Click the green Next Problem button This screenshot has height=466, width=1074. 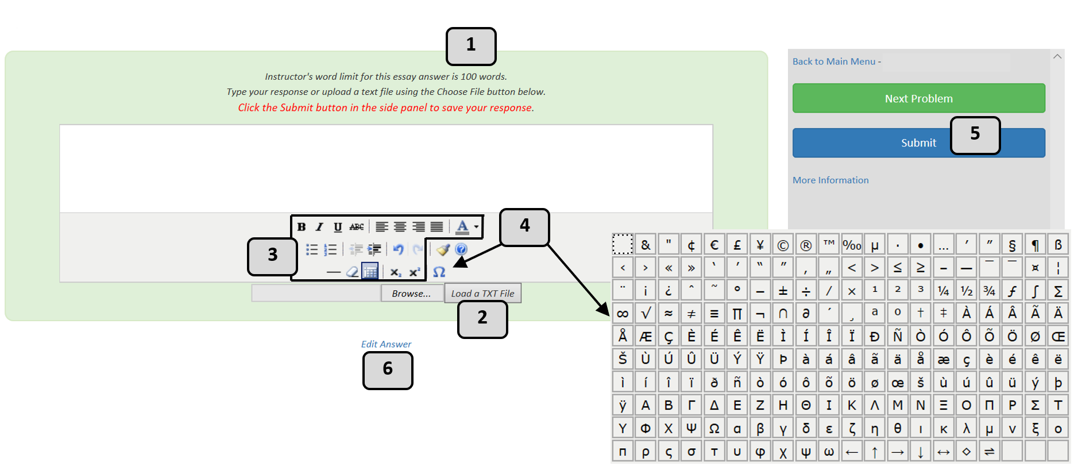click(918, 98)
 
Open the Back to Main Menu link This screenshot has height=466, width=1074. click(833, 61)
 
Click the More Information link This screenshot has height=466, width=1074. click(830, 180)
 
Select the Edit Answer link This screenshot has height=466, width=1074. click(386, 344)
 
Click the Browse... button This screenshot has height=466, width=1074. click(411, 294)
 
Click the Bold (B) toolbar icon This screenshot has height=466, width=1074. click(302, 227)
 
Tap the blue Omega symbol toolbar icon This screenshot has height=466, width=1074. click(439, 272)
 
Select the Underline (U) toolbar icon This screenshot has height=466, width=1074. click(338, 227)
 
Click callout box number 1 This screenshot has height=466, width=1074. click(470, 46)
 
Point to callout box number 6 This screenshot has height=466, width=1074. click(388, 369)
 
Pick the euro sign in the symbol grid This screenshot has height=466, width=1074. click(714, 245)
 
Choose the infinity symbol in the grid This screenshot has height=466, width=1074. click(623, 314)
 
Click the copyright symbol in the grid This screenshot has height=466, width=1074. click(783, 245)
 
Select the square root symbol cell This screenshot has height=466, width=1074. click(646, 314)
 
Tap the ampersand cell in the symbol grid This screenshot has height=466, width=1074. click(646, 245)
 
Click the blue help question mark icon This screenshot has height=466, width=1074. click(461, 249)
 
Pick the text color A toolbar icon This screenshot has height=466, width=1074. click(462, 227)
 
